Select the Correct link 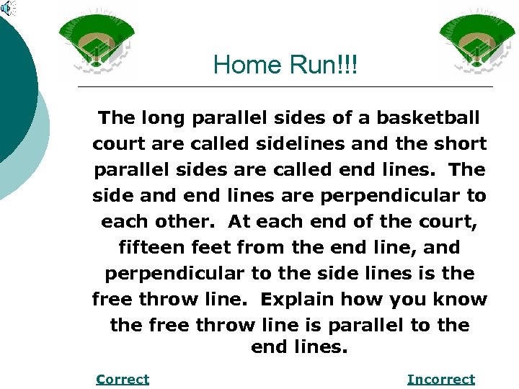pos(123,379)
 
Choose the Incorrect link pos(440,379)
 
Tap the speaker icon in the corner pos(7,8)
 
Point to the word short pos(459,143)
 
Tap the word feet pos(208,247)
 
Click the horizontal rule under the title pos(285,86)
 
